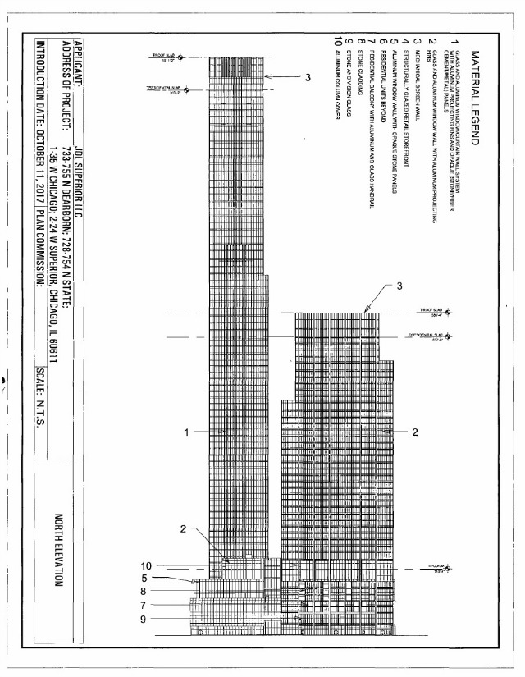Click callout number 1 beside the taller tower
pyautogui.click(x=188, y=432)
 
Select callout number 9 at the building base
pyautogui.click(x=143, y=620)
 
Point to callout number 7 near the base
pyautogui.click(x=143, y=605)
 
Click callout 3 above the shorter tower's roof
pyautogui.click(x=399, y=286)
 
